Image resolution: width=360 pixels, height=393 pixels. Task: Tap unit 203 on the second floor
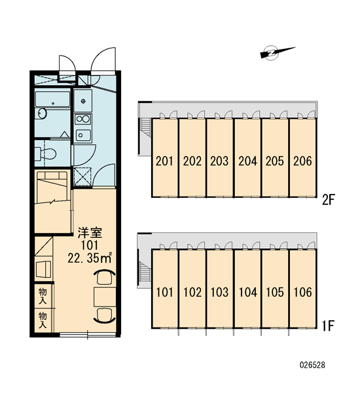tap(219, 158)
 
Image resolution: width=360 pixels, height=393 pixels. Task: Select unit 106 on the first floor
tap(303, 289)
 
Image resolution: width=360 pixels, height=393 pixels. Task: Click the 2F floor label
tap(328, 200)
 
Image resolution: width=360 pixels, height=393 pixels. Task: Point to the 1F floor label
tap(328, 326)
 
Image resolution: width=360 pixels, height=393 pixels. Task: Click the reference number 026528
tap(312, 365)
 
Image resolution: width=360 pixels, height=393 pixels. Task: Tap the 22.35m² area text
tap(89, 258)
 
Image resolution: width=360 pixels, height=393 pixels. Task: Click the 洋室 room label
tap(90, 233)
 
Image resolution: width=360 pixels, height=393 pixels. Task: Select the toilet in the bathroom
tap(45, 153)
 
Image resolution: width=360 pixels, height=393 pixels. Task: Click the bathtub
tap(52, 100)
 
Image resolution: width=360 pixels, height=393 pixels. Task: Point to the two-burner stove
tap(83, 119)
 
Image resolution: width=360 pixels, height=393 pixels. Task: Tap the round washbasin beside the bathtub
tap(43, 113)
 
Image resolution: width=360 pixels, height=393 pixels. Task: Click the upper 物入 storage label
tap(43, 296)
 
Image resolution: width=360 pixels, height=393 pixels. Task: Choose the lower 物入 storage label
tap(43, 320)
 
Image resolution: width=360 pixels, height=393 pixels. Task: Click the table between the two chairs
tap(105, 297)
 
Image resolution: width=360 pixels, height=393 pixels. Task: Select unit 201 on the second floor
tap(164, 158)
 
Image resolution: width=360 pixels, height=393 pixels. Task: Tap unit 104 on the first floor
tap(248, 289)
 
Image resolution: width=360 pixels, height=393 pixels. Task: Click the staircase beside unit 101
tap(145, 272)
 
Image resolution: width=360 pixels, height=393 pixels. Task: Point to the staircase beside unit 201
tap(145, 128)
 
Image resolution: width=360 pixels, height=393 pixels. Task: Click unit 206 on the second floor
tap(303, 158)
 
